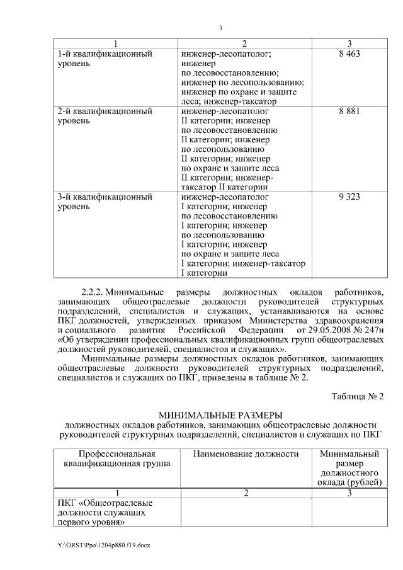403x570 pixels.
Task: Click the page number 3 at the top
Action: (x=220, y=28)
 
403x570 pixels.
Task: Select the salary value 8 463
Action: (x=349, y=55)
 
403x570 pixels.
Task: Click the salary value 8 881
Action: (x=349, y=111)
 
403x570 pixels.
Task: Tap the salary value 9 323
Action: (x=349, y=197)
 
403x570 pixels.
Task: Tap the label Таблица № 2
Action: (x=357, y=396)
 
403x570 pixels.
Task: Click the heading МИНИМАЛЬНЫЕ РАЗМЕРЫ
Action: (x=220, y=415)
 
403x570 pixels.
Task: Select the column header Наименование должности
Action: (x=246, y=454)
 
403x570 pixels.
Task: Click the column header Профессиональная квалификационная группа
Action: (x=116, y=459)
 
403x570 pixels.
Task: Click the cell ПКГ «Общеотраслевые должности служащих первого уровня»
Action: (x=106, y=513)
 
